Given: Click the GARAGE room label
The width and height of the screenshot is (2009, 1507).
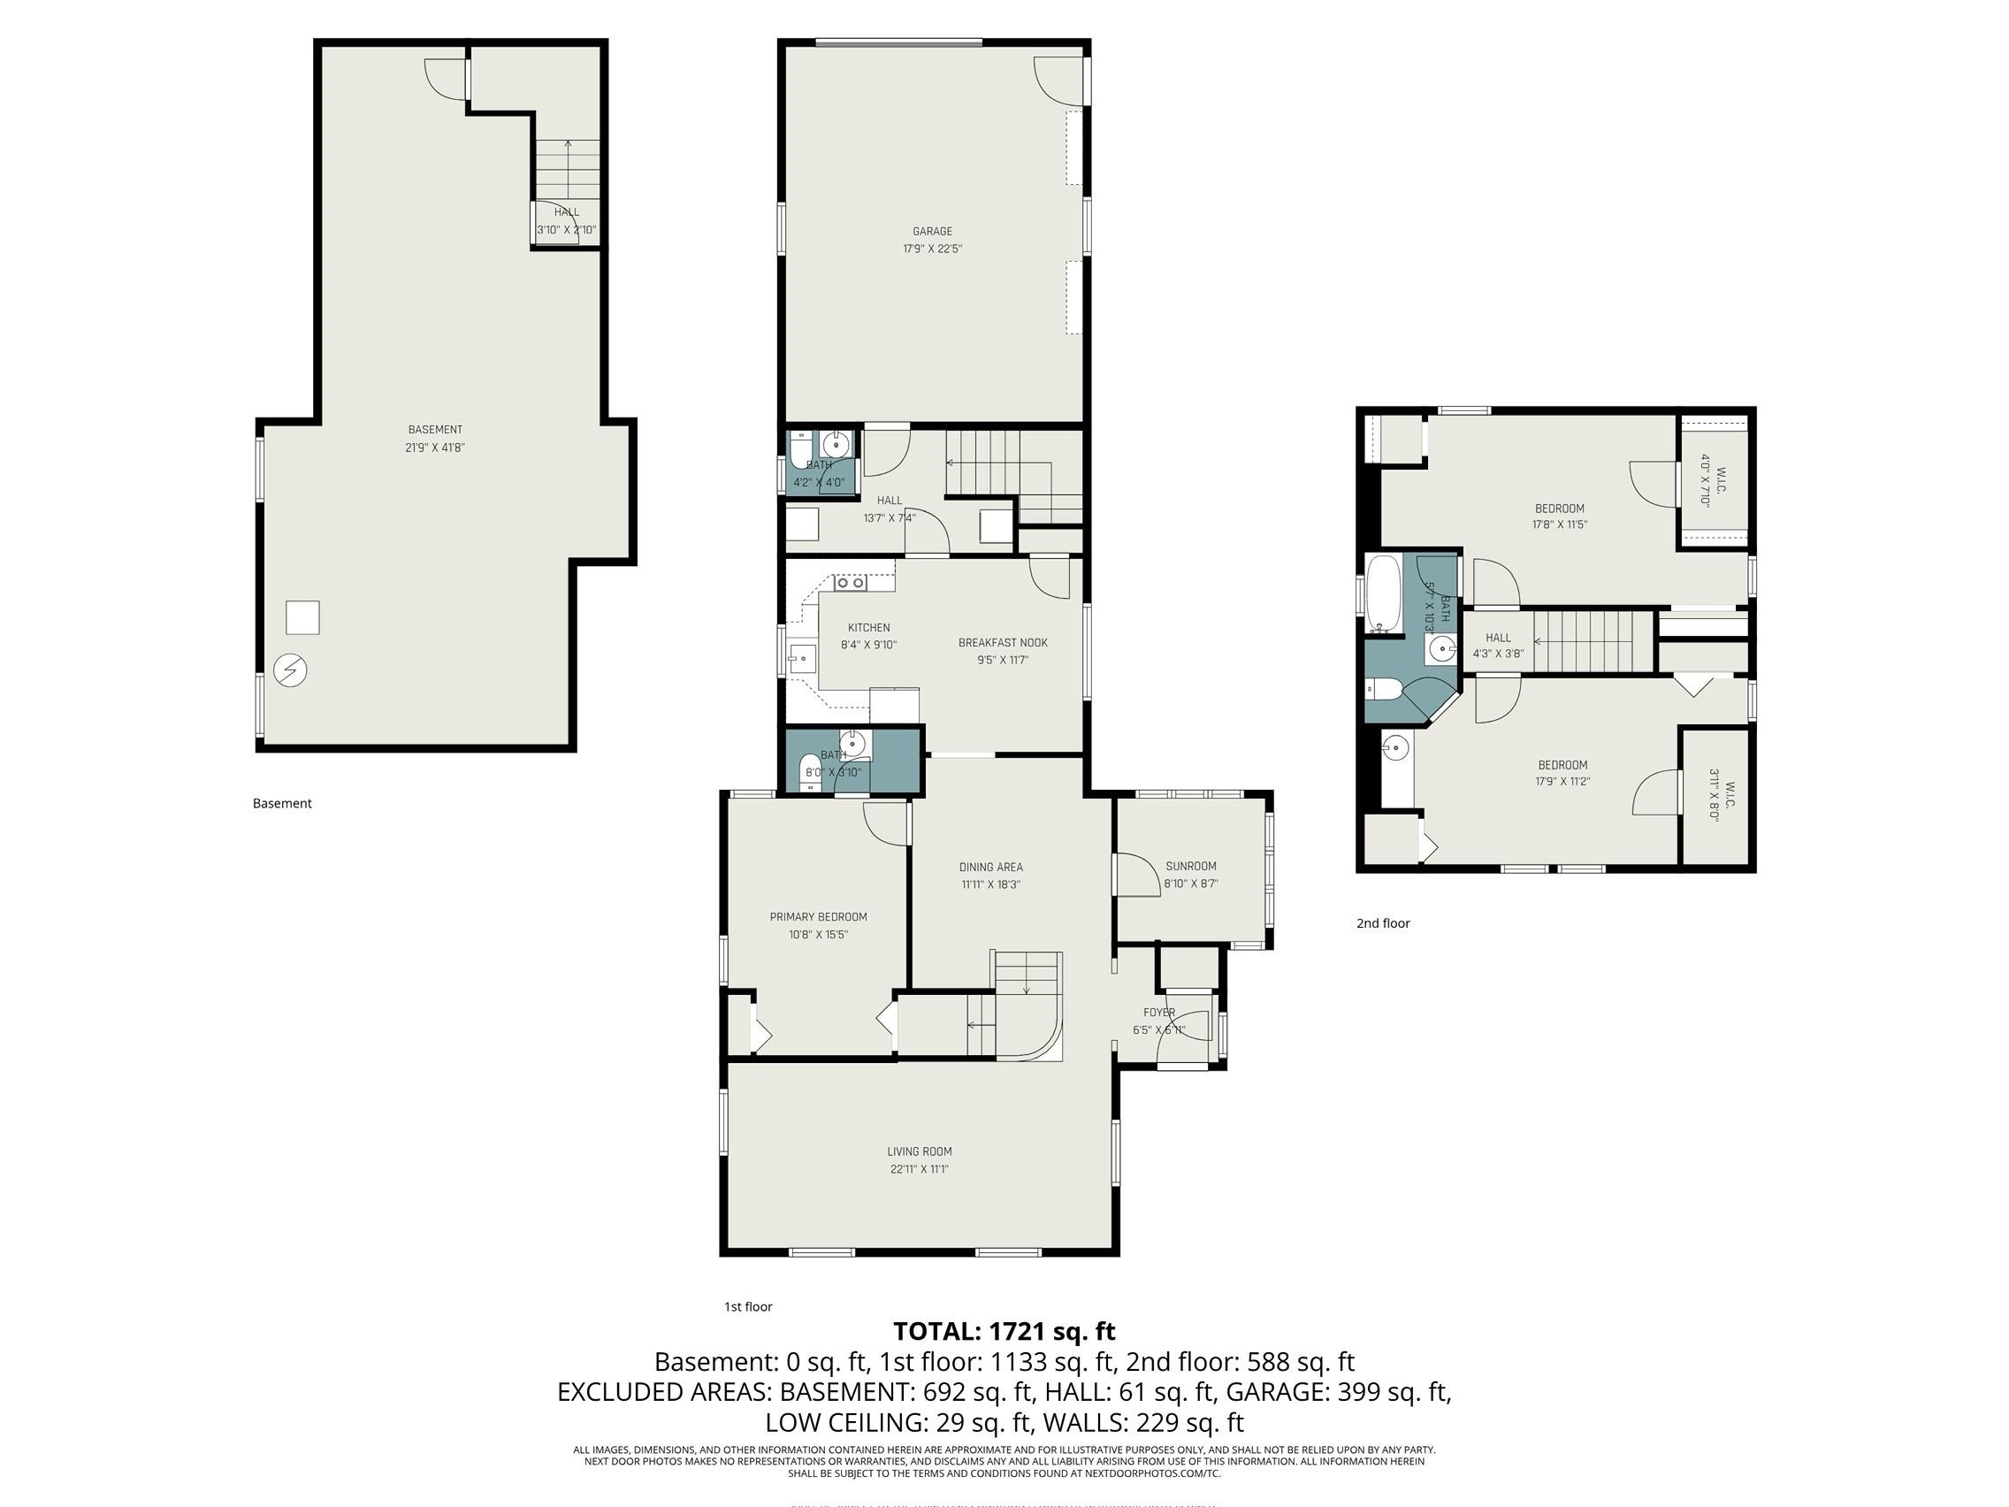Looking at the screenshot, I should click(x=932, y=232).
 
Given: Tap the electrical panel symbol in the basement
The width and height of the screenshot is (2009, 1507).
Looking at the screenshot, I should click(x=290, y=670).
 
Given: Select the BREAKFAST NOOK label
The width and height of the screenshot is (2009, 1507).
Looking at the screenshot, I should click(x=1003, y=643).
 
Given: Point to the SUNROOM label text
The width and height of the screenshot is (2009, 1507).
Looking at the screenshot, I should click(x=1191, y=867).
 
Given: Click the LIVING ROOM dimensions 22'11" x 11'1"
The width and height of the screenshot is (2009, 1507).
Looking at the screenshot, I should click(x=919, y=1169).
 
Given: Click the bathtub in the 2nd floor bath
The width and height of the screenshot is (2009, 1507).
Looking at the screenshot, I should click(x=1384, y=593).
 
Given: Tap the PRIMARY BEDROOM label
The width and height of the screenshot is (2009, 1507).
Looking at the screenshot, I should click(x=818, y=917).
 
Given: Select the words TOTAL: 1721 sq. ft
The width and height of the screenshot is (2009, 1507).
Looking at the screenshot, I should click(x=1004, y=1331).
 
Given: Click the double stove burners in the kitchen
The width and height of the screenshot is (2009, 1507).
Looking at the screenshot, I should click(x=850, y=583).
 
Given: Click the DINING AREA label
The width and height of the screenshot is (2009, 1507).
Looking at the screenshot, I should click(x=991, y=868).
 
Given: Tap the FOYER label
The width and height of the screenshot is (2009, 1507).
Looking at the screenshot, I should click(x=1159, y=1013).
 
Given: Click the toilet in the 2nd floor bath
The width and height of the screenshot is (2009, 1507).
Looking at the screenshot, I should click(x=1381, y=689).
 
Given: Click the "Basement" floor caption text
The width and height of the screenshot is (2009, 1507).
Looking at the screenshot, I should click(x=281, y=803).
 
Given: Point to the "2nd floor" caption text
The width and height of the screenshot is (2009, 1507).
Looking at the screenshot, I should click(x=1382, y=923).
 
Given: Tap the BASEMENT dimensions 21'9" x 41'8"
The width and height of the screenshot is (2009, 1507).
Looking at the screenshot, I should click(x=435, y=447).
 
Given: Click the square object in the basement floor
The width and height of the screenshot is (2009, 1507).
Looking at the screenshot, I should click(x=302, y=617).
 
